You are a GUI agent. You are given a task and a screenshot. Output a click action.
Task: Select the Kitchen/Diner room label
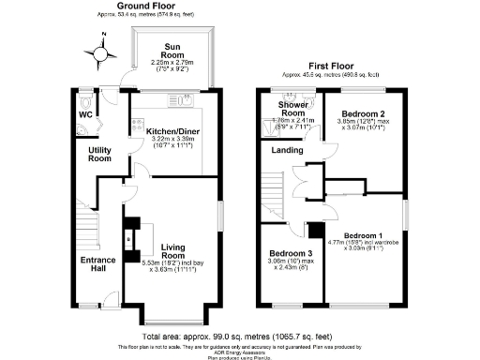(x=171, y=131)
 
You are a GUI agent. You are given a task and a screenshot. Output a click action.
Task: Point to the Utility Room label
(x=99, y=155)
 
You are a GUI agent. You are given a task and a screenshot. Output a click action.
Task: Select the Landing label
(x=286, y=149)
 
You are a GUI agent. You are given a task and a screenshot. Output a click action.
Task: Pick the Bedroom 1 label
(x=362, y=234)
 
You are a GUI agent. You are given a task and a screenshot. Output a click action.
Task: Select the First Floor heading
(x=332, y=65)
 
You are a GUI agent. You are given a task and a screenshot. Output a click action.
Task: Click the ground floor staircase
(x=86, y=225)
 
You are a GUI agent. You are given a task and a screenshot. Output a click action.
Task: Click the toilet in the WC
(x=84, y=101)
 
